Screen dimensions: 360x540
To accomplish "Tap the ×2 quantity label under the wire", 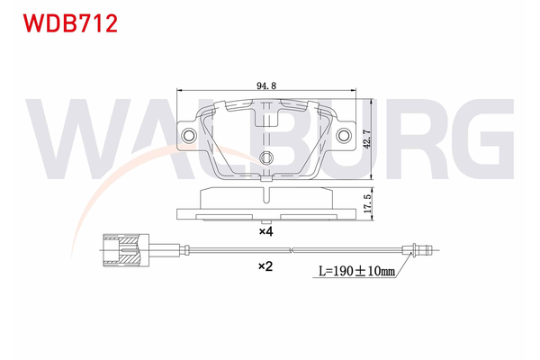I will (x=265, y=267).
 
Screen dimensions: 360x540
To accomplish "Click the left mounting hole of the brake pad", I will (x=190, y=136).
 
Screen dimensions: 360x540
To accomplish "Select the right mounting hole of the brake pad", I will (x=344, y=136).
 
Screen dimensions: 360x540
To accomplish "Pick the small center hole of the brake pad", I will (x=265, y=158).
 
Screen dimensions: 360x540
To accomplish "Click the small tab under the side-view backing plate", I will (x=267, y=221).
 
